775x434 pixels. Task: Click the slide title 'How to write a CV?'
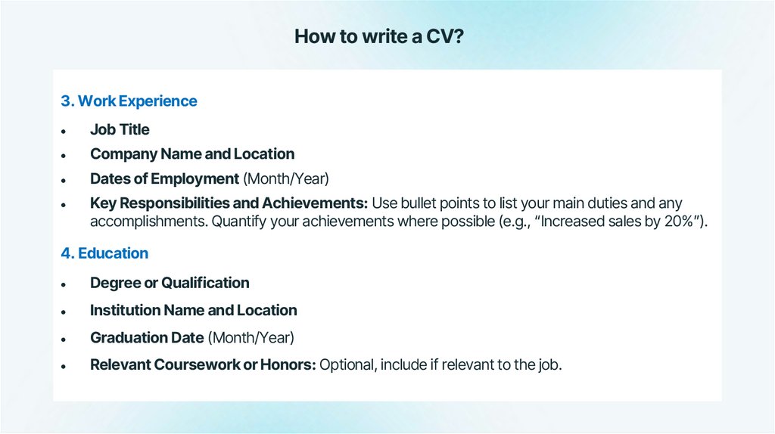point(378,36)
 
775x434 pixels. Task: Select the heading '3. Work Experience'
point(129,101)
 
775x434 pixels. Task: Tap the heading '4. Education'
point(104,253)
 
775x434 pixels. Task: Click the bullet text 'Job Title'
point(120,130)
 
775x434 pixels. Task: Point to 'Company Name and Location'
point(192,154)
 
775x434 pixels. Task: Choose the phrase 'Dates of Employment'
point(164,179)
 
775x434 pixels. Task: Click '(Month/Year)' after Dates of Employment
point(286,179)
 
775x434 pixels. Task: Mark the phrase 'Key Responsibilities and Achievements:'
point(229,203)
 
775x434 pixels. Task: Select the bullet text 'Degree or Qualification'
point(170,283)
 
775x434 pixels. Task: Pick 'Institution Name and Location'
point(193,310)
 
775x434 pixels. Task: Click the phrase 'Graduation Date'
point(147,338)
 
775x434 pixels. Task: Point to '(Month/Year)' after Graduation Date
point(251,338)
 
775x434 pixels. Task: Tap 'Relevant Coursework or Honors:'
point(203,365)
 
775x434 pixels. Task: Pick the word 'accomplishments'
point(148,222)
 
